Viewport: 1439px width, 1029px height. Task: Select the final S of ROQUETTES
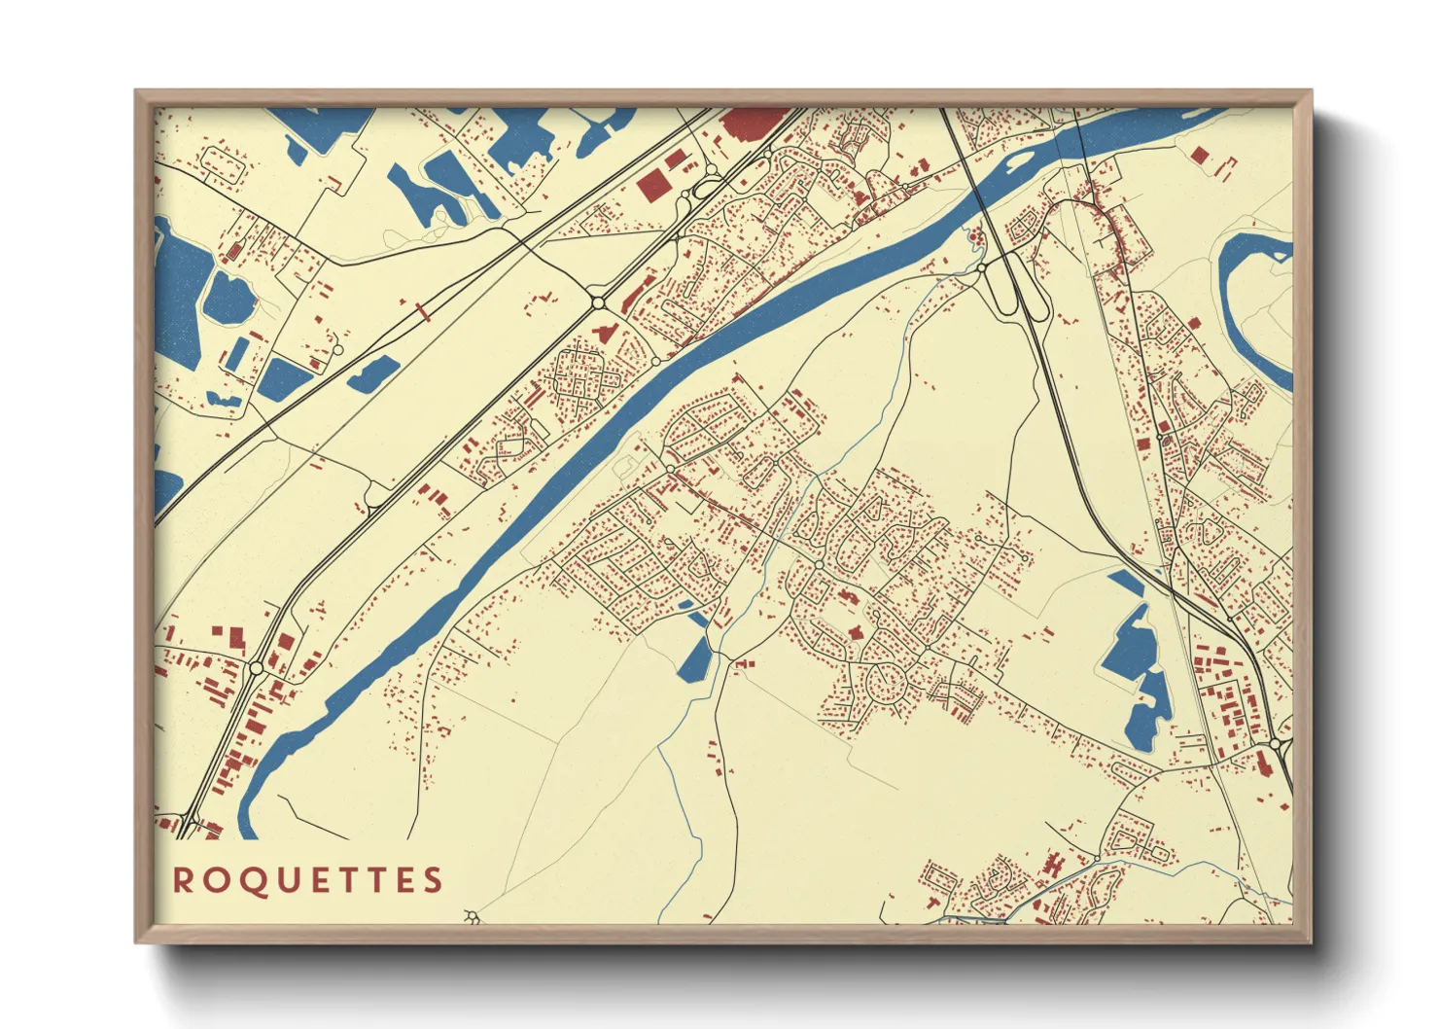433,880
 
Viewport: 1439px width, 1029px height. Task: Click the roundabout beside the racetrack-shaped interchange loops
982,267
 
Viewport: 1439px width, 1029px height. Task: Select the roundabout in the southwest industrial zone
256,667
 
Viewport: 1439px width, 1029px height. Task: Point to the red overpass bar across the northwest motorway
423,312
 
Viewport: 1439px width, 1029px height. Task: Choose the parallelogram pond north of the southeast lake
1128,583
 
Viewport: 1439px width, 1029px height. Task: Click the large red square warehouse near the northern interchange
654,186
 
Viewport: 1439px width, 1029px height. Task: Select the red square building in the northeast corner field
1200,154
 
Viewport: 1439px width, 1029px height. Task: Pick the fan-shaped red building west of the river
603,334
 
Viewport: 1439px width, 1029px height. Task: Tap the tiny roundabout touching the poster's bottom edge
474,916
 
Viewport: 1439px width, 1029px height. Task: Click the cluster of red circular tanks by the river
973,233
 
